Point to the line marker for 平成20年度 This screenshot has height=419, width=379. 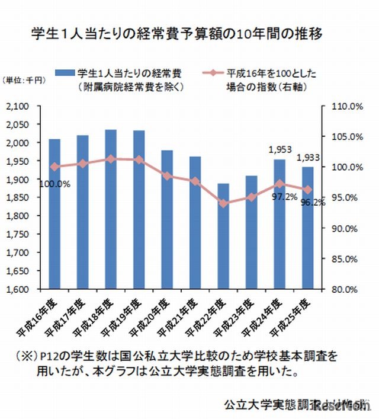166,176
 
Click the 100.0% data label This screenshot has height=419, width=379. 54,184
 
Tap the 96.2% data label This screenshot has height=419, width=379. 311,202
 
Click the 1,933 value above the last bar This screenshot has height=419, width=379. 307,158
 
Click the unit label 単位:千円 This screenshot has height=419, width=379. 21,81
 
